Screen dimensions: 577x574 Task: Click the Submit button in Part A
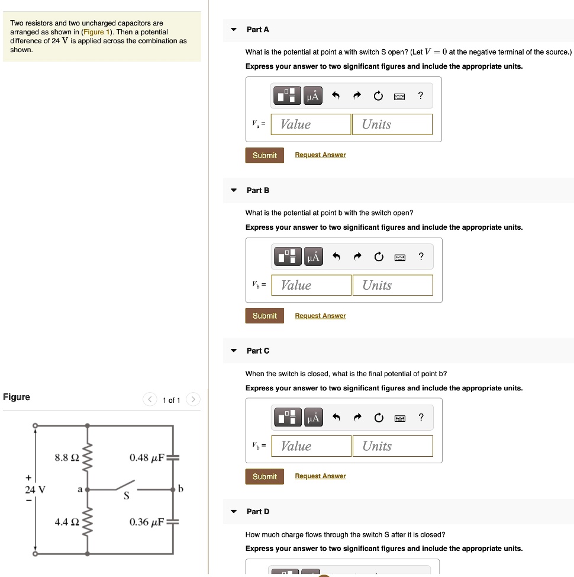(264, 155)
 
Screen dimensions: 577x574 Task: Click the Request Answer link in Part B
(320, 316)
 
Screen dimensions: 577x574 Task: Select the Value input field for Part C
(311, 446)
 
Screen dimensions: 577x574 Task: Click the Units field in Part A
(392, 124)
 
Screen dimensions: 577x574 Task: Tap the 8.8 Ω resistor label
(66, 458)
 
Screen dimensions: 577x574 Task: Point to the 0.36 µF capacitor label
(147, 522)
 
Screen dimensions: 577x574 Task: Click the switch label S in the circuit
(126, 496)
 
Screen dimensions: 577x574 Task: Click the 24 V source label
(36, 489)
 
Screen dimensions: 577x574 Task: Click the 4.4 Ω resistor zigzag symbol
(88, 522)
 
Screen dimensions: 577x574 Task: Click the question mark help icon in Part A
(420, 95)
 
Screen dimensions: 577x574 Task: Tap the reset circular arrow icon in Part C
(378, 418)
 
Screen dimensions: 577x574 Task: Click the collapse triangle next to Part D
(234, 511)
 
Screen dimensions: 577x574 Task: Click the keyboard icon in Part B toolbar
(399, 257)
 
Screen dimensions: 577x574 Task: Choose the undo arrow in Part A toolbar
(336, 95)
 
